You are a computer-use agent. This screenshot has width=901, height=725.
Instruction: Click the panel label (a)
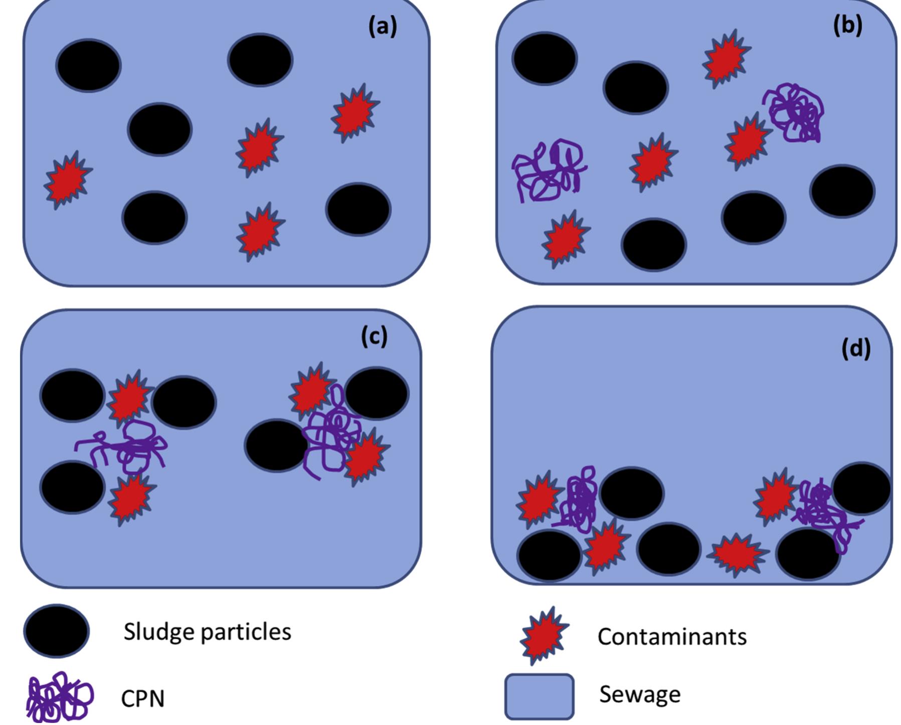[383, 27]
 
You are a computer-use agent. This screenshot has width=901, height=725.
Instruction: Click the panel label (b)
[847, 25]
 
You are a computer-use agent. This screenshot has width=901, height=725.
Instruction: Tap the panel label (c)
[374, 336]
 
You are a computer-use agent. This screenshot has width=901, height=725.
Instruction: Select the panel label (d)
[856, 348]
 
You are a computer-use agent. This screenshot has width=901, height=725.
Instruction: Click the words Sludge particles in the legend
[207, 632]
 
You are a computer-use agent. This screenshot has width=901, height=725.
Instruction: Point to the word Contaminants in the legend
[672, 637]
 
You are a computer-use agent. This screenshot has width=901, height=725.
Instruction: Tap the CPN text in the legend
[142, 698]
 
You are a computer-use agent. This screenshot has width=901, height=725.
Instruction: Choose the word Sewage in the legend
[640, 694]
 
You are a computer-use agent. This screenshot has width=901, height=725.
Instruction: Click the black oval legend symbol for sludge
[56, 631]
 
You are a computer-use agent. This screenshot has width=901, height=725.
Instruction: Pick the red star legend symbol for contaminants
[544, 635]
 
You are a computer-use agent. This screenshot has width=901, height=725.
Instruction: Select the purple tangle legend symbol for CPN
[59, 697]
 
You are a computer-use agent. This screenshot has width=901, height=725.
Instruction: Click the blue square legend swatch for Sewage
[539, 696]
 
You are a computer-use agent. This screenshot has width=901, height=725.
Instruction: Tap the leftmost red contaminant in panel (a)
[67, 179]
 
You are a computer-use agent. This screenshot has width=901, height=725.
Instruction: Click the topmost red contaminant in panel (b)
[726, 58]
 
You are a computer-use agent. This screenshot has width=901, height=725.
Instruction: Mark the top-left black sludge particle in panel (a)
[88, 66]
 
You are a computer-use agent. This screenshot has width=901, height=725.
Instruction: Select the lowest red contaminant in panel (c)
[130, 498]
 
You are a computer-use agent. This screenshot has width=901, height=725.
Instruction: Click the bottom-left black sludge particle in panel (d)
[549, 556]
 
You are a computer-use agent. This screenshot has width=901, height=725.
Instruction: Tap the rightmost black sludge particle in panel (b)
[842, 191]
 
